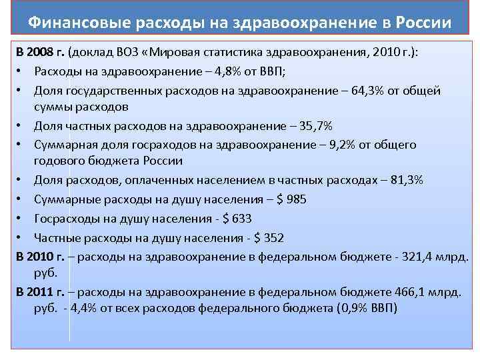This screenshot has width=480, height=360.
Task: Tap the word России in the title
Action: [423, 23]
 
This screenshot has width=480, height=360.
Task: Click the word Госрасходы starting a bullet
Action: [66, 218]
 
